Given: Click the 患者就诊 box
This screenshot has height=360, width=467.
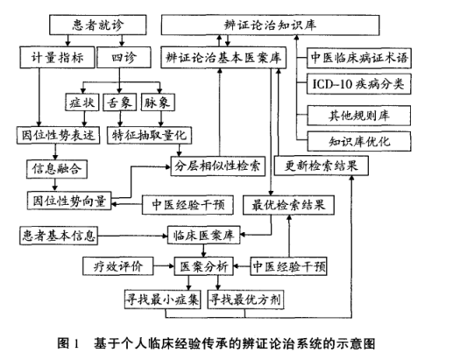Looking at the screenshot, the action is tap(97, 25).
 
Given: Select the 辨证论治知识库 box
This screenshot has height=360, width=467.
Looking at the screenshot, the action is tap(270, 25).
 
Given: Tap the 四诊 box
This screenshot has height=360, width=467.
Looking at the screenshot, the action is tap(124, 57).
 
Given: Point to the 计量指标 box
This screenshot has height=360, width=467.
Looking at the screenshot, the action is tap(57, 57).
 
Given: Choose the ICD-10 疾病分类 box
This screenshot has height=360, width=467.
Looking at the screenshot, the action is tap(359, 84).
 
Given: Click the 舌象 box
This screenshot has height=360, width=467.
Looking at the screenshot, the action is tap(119, 102).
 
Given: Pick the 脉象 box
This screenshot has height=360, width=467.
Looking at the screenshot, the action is tap(158, 102).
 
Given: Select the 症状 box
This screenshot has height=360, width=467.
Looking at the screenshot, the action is tap(81, 102).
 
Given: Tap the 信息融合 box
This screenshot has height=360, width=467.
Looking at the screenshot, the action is tap(57, 169).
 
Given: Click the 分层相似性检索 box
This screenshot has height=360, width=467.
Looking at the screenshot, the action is tap(217, 166).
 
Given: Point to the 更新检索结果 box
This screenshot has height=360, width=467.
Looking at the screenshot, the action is tap(321, 166).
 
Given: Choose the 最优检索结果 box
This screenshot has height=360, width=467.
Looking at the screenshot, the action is tap(288, 205).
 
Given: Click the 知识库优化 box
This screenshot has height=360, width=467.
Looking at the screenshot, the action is tap(359, 141).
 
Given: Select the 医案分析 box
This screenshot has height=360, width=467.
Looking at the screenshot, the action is tap(204, 266).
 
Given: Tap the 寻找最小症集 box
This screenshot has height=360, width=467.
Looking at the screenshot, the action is tap(163, 300).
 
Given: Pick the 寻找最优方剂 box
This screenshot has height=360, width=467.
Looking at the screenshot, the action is tap(245, 300).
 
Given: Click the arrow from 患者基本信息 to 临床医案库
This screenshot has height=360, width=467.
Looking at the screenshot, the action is tap(132, 236).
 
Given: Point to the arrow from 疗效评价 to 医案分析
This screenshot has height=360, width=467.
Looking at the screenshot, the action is tap(164, 266).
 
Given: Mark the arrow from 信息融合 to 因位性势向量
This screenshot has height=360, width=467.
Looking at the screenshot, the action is tap(55, 185).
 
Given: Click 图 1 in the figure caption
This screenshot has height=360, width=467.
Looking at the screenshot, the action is tap(68, 343).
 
